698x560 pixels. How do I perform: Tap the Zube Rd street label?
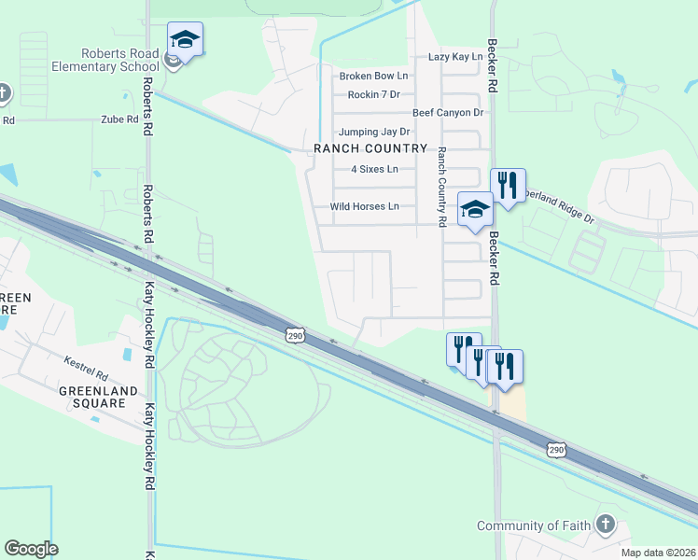(x=119, y=119)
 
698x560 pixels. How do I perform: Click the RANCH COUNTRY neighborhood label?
(x=370, y=148)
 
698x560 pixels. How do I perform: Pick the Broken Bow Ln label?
(x=373, y=76)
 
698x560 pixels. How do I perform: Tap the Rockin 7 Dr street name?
(x=373, y=94)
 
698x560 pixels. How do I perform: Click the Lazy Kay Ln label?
(x=455, y=57)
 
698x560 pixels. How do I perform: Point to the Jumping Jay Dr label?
(x=374, y=132)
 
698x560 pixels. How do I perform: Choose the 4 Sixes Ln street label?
(x=374, y=169)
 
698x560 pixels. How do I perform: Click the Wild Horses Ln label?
(x=365, y=206)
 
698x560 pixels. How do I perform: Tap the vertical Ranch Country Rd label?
(x=442, y=186)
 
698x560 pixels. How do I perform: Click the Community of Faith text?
(x=534, y=525)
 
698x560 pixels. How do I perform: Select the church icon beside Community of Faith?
(x=606, y=524)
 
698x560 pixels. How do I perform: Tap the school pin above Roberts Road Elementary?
(x=185, y=39)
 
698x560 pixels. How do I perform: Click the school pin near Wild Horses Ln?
(x=475, y=209)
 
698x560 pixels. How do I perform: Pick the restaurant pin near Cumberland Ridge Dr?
(x=508, y=186)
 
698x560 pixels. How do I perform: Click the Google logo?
(x=31, y=549)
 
